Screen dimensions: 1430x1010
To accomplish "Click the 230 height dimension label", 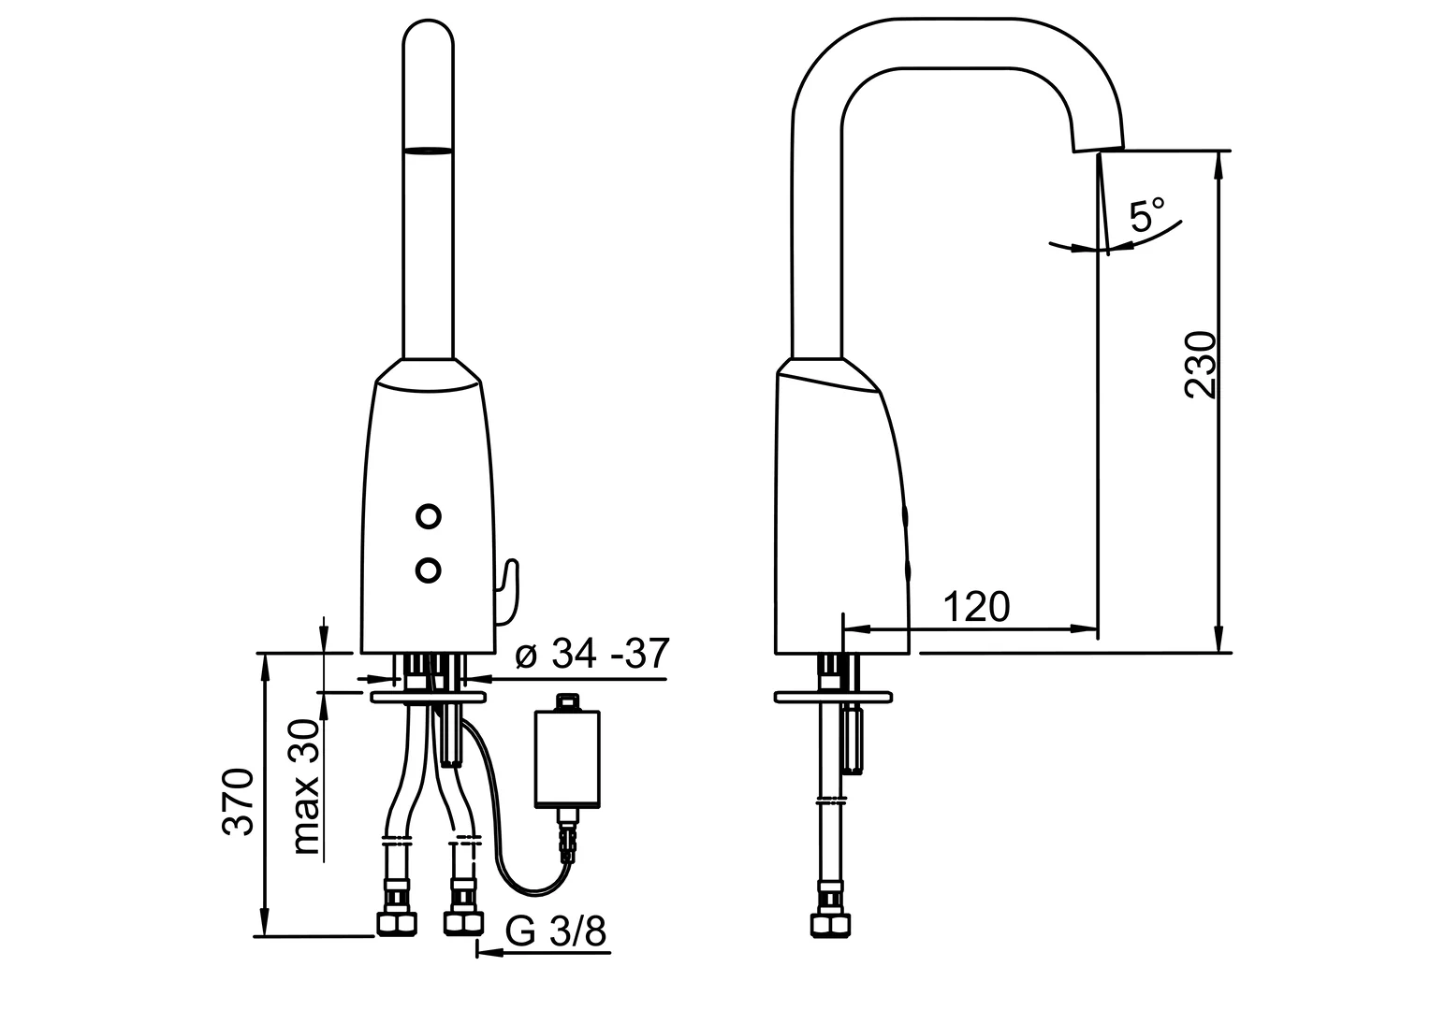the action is pos(1201,365).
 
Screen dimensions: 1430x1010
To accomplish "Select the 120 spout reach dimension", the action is pos(976,606).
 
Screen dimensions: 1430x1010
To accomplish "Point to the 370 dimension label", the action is pos(238,801).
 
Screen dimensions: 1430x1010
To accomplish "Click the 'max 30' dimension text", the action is pos(306,787).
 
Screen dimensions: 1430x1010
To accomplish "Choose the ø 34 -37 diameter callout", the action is pos(591,653).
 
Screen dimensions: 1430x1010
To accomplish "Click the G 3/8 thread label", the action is pos(555,931).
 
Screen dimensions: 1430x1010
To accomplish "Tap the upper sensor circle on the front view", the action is pos(428,516).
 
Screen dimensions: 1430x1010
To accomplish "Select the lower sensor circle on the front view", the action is pos(428,570).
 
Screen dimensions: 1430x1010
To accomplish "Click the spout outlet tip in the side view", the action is pos(1098,148).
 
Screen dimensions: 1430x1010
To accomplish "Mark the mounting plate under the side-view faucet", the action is pos(833,697).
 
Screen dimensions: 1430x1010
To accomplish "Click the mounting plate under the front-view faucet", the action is pos(429,697).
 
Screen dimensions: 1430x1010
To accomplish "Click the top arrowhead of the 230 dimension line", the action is pos(1218,165).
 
